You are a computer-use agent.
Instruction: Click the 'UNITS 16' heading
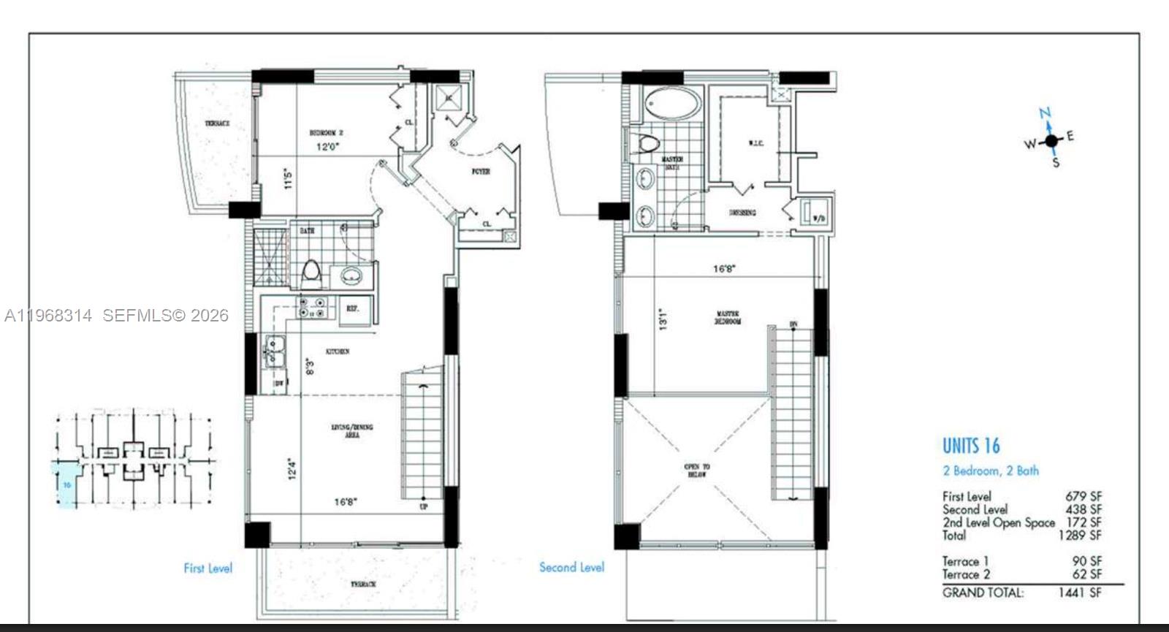tap(970, 446)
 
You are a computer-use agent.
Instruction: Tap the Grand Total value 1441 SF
tap(1079, 593)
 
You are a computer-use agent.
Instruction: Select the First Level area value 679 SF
tap(1083, 496)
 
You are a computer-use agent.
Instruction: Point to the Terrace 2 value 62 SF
tap(1087, 574)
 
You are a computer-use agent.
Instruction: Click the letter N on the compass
tap(1046, 113)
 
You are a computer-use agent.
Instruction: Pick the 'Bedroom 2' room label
tap(326, 133)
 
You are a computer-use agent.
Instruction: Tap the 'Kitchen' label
tap(337, 351)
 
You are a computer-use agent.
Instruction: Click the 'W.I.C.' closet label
tap(755, 144)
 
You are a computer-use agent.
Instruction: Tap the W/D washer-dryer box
tap(816, 213)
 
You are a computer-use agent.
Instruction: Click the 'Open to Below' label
tap(696, 470)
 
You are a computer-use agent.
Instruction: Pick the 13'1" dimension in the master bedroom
tap(663, 319)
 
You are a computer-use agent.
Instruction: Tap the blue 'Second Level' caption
tap(571, 567)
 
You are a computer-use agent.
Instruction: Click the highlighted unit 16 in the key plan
tap(66, 484)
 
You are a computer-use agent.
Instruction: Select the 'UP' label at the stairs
tap(423, 506)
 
